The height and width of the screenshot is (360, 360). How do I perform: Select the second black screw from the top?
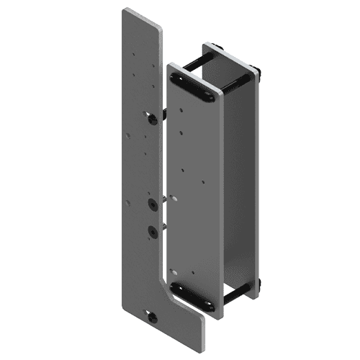[153, 205]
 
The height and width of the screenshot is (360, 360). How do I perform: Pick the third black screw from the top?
[153, 231]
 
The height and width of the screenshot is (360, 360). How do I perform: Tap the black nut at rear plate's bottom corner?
[257, 287]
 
